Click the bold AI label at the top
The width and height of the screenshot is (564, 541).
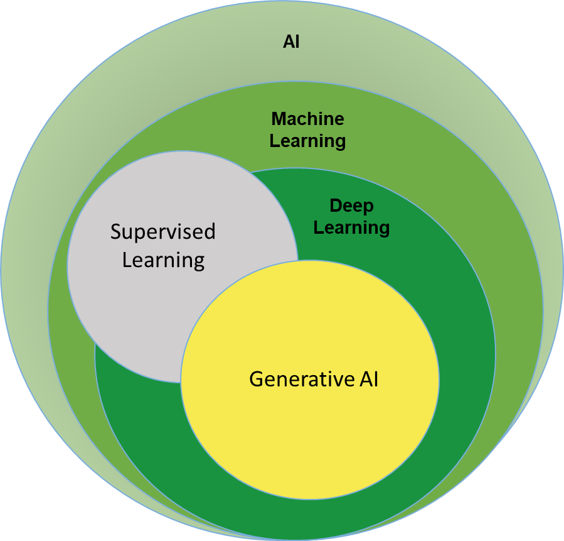[x=291, y=43]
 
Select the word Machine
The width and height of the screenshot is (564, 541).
[x=307, y=118]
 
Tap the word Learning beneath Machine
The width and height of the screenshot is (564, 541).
[x=307, y=140]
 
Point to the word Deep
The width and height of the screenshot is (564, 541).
[x=351, y=205]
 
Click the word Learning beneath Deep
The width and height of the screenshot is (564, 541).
[x=351, y=227]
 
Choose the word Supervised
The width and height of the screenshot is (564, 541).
[x=163, y=232]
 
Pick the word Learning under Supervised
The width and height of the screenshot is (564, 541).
[x=163, y=260]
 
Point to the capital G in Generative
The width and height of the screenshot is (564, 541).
[x=256, y=379]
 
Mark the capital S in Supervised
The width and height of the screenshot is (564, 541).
[x=116, y=232]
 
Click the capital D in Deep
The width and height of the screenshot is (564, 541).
[x=335, y=205]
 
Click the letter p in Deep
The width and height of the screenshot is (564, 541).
[x=368, y=207]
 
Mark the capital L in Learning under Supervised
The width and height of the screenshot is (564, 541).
[x=127, y=260]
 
